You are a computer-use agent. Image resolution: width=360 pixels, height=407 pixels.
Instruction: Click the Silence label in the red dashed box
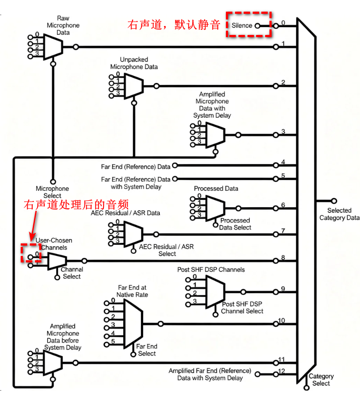[x=242, y=25]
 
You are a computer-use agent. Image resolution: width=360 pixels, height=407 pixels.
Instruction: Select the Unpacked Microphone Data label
[x=134, y=63]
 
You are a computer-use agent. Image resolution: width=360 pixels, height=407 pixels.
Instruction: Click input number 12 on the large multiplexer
[x=282, y=371]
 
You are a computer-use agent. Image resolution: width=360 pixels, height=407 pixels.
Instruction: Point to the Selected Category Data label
[x=339, y=214]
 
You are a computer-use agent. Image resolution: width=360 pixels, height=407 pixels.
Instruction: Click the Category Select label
[x=321, y=380]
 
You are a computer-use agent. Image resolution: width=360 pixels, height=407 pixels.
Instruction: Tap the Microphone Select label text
[x=52, y=192]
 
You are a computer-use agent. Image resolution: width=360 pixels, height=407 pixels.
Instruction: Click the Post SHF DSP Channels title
[x=211, y=270]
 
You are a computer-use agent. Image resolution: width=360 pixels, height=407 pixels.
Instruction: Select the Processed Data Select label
[x=235, y=224]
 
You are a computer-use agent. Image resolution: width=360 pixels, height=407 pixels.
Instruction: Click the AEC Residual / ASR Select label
[x=166, y=250]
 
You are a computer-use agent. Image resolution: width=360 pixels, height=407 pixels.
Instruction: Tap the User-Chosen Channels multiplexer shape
[x=56, y=261]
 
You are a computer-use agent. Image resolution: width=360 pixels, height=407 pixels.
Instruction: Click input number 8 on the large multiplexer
[x=283, y=258]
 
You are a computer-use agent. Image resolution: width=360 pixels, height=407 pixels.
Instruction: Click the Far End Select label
[x=147, y=350]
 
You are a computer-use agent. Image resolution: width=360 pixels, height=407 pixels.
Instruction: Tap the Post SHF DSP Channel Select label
[x=242, y=308]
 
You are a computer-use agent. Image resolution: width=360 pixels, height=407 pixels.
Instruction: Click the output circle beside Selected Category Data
[x=334, y=201]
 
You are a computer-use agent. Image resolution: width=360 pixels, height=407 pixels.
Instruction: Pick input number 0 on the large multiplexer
[x=283, y=23]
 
